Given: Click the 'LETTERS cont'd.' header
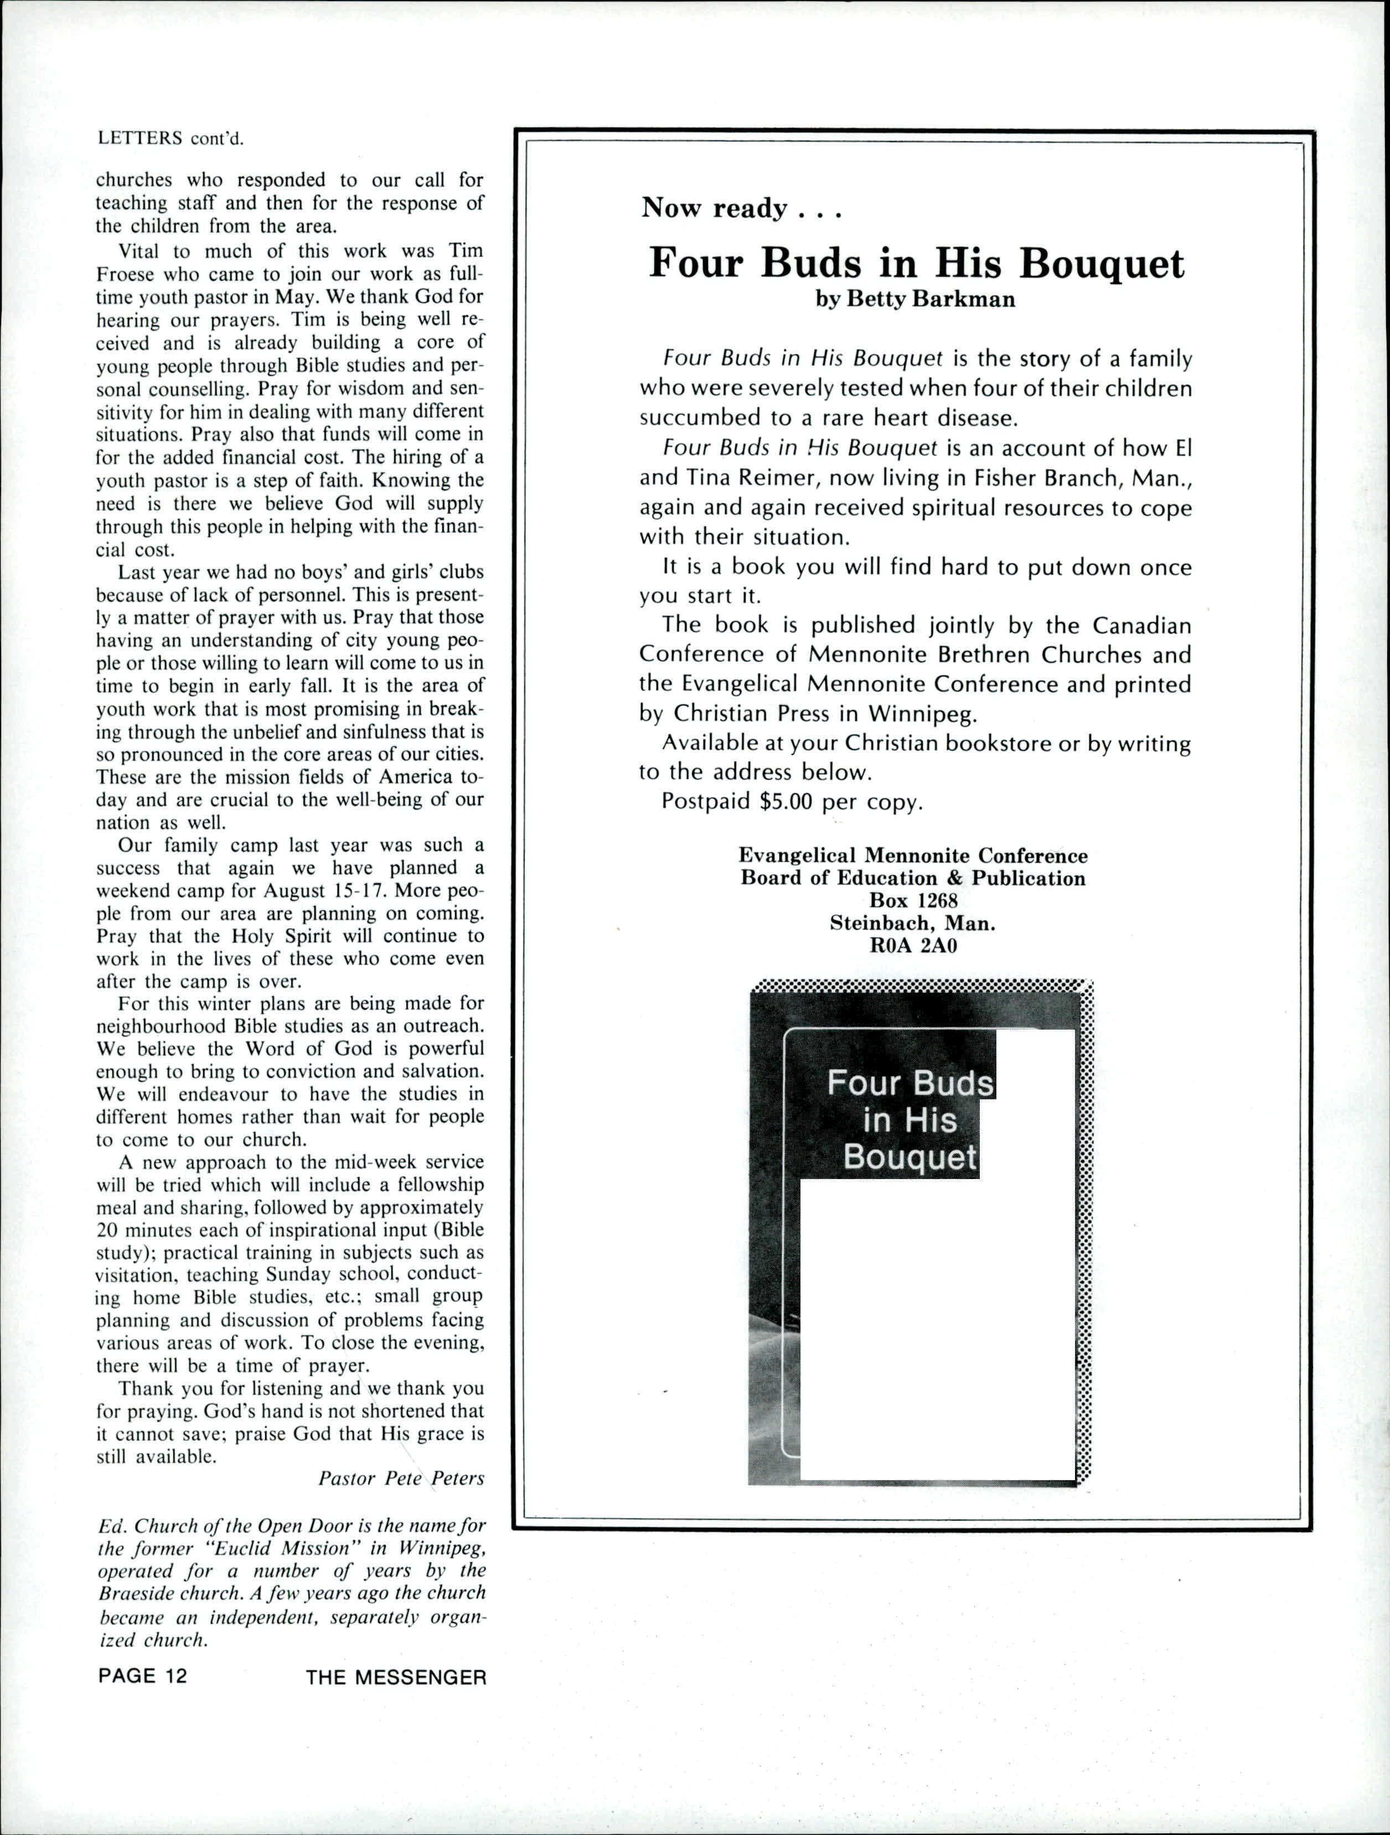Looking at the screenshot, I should point(171,138).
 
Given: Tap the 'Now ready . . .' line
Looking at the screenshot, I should point(741,208).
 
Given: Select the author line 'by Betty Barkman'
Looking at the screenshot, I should point(915,299).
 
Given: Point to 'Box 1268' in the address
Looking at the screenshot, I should point(913,900).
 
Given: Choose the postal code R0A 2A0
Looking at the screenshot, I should point(913,945).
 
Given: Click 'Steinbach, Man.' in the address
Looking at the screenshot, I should point(913,922).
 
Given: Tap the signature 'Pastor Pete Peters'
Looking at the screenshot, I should point(401,1479).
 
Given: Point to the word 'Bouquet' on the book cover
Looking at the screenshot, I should point(911,1158).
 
